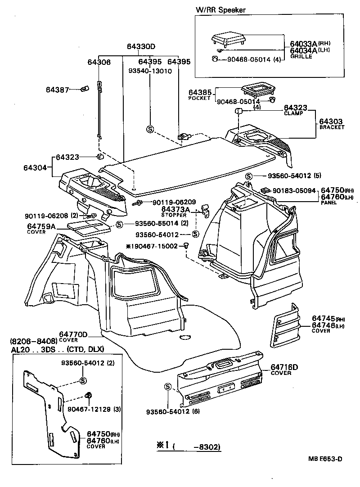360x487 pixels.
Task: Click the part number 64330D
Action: (140, 47)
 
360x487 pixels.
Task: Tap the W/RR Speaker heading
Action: (220, 10)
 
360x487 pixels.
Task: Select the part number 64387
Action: (57, 90)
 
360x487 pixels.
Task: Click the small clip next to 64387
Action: (84, 89)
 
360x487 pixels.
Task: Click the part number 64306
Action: (99, 62)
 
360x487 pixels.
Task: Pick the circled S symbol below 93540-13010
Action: (150, 129)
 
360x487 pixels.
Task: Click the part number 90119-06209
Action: (167, 202)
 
